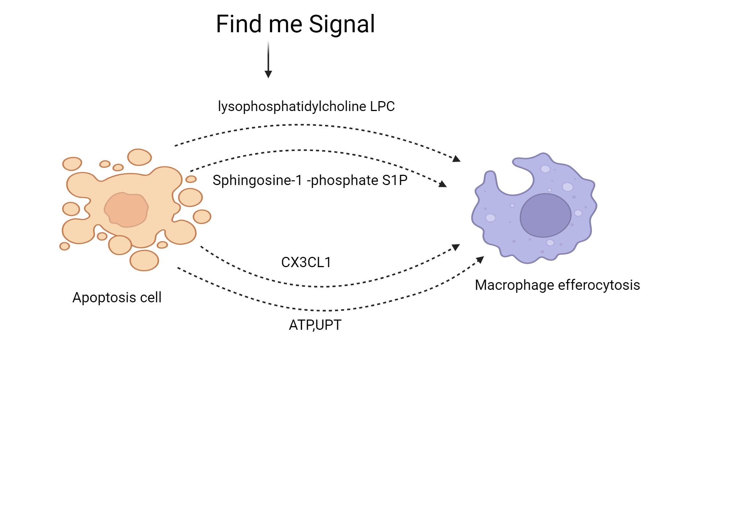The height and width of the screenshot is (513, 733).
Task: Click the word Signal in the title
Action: pyautogui.click(x=342, y=25)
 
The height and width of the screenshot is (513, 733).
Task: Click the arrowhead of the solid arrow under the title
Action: pyautogui.click(x=268, y=74)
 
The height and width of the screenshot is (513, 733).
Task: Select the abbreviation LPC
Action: pyautogui.click(x=382, y=107)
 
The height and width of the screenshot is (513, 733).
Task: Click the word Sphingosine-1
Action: pyautogui.click(x=257, y=180)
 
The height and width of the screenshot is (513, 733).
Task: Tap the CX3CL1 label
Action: pyautogui.click(x=306, y=262)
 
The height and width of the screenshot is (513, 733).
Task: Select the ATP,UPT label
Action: pyautogui.click(x=315, y=325)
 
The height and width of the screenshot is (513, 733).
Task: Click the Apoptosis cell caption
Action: pyautogui.click(x=117, y=298)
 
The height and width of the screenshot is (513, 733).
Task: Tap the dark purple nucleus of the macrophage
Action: pyautogui.click(x=545, y=215)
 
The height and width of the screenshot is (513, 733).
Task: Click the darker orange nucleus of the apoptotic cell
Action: pyautogui.click(x=126, y=210)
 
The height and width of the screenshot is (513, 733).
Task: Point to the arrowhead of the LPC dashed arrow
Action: pyautogui.click(x=457, y=159)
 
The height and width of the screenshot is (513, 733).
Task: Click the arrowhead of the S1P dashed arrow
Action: pyautogui.click(x=443, y=184)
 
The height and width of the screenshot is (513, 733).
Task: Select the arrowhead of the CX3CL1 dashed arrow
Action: pyautogui.click(x=456, y=247)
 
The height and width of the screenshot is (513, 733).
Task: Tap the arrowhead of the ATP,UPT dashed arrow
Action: pyautogui.click(x=480, y=260)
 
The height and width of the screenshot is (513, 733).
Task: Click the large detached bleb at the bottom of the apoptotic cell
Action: pyautogui.click(x=144, y=261)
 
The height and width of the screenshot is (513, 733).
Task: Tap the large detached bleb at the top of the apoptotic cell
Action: pyautogui.click(x=139, y=157)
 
